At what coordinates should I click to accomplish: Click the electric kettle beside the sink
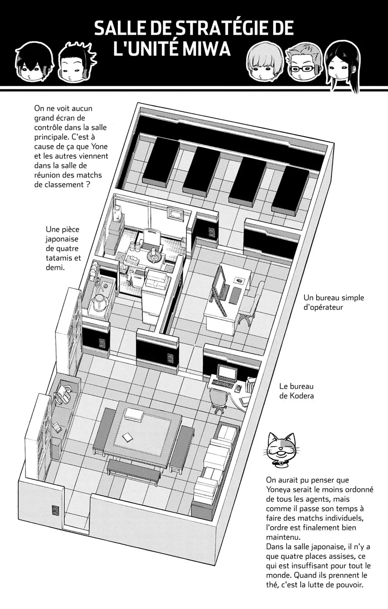99,303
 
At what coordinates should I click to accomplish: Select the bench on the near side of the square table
133,473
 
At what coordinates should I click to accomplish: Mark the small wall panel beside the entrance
55,511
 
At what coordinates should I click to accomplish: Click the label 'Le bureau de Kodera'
296,391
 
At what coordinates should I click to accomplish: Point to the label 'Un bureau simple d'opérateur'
334,302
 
